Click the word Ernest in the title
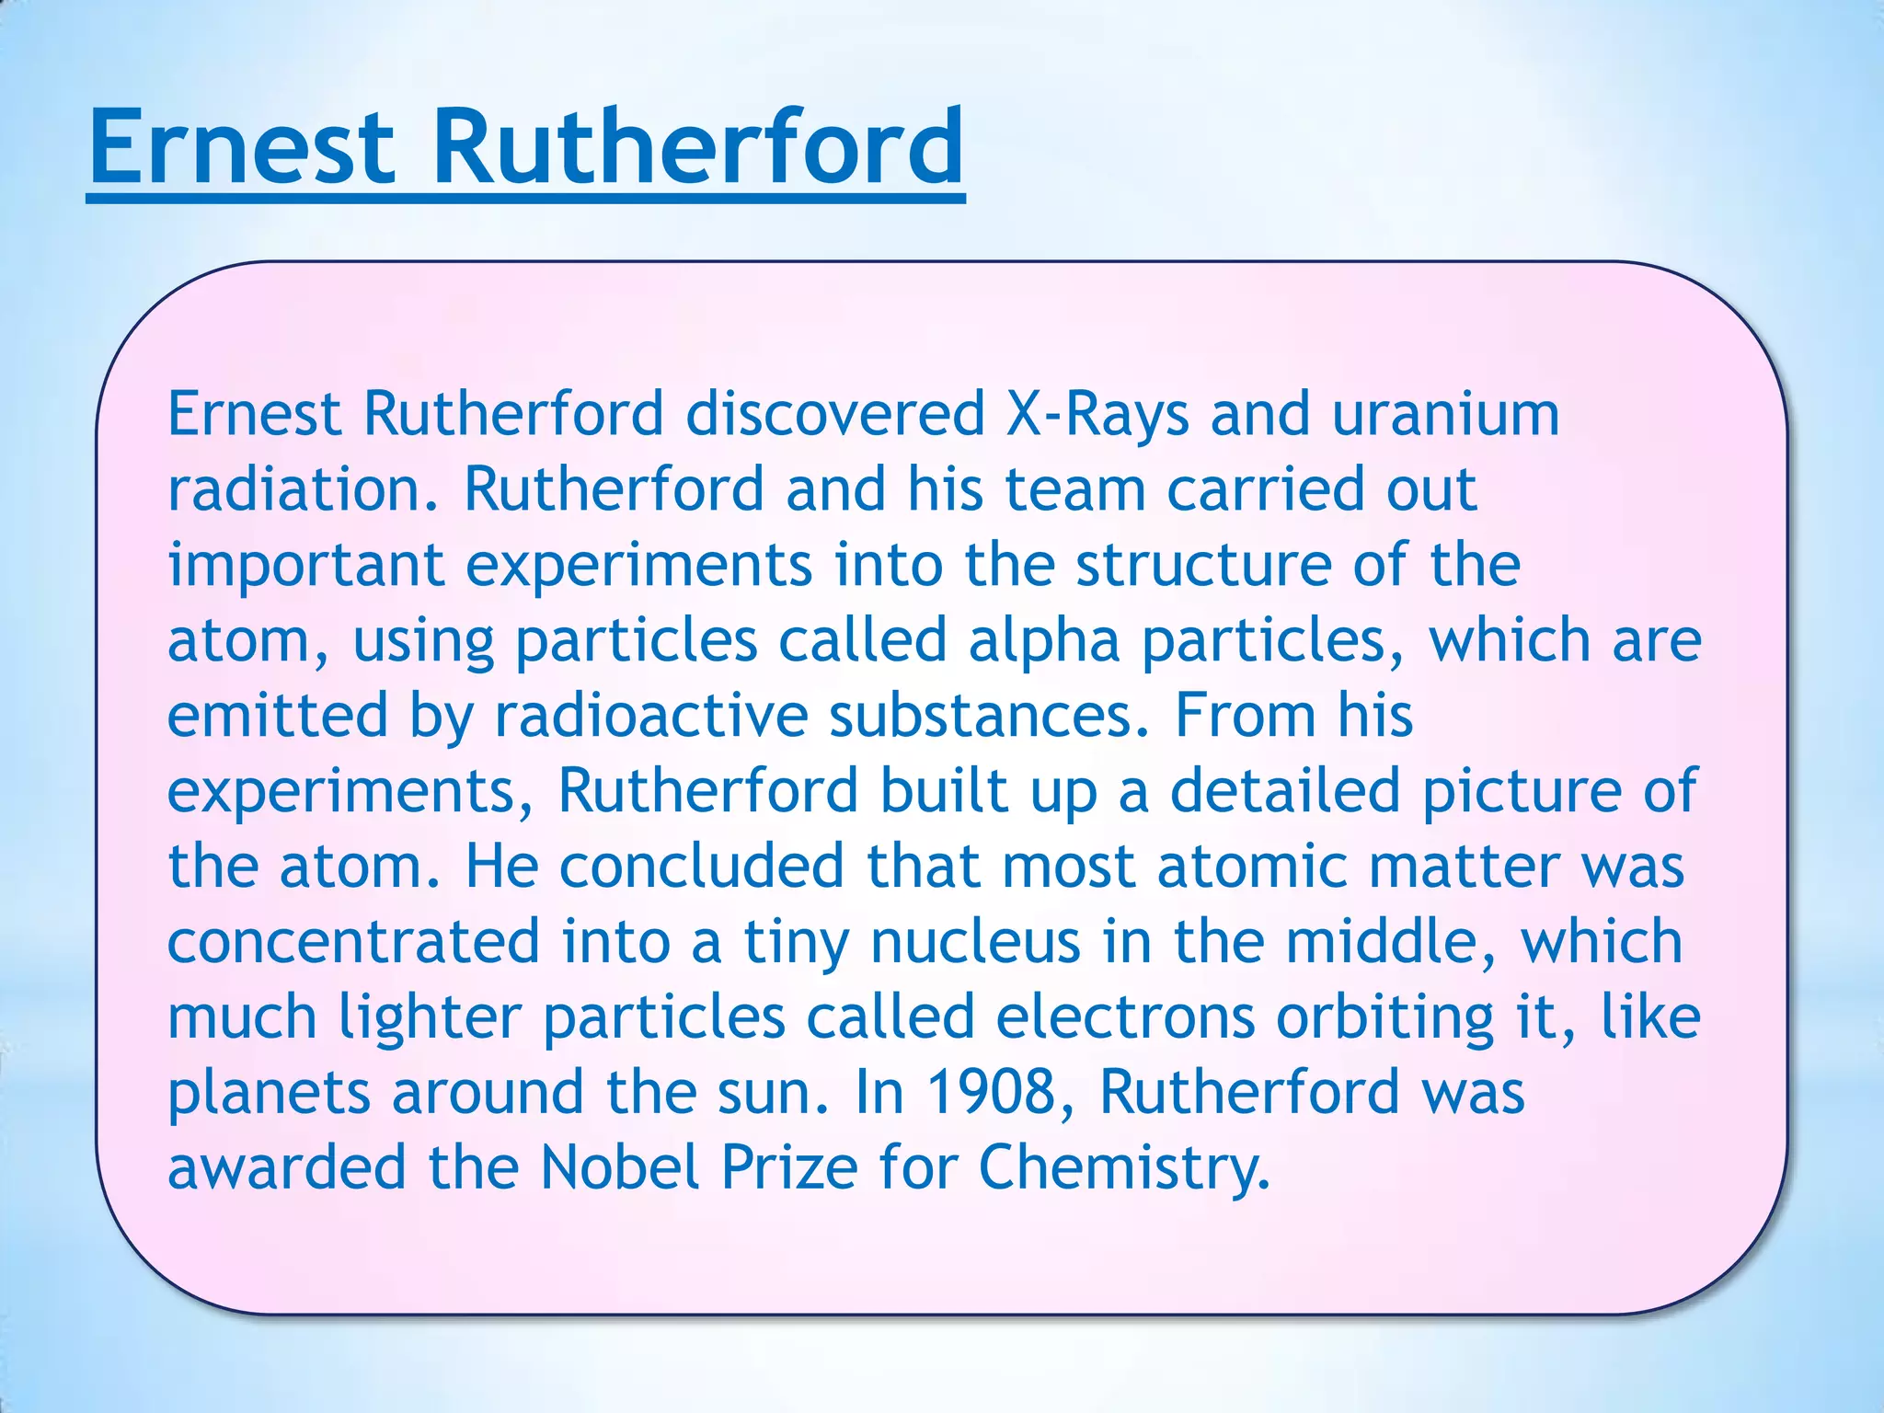[242, 147]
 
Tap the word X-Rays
[1097, 414]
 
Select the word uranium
[1445, 414]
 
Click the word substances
[988, 716]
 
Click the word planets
[269, 1095]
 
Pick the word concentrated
[353, 942]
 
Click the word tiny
[796, 944]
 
